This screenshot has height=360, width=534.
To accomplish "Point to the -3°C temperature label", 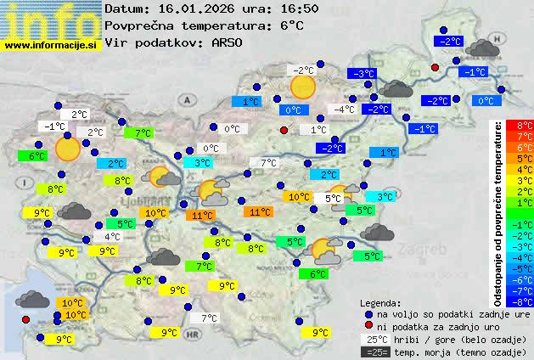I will click(364, 74).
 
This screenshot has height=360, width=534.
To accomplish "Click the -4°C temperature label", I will click(344, 110).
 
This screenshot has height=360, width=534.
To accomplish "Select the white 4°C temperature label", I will click(112, 237).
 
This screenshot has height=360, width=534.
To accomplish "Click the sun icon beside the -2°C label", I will click(302, 87).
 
